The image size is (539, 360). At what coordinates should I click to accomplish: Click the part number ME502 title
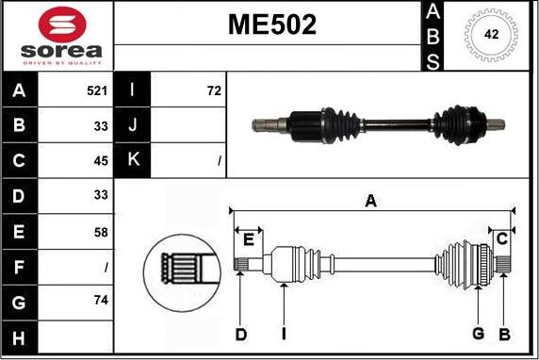[x=271, y=25]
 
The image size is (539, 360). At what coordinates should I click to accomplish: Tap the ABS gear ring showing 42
[x=491, y=35]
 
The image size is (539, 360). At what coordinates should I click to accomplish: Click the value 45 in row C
[x=101, y=161]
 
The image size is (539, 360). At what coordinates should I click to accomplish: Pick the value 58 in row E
[x=101, y=231]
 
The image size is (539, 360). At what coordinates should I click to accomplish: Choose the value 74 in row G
[x=101, y=300]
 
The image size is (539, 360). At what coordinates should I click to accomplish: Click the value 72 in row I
[x=213, y=91]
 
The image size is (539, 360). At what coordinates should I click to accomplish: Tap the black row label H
[x=20, y=335]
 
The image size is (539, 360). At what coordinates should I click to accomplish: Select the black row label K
[x=132, y=161]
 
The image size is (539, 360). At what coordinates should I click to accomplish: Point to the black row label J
[x=132, y=126]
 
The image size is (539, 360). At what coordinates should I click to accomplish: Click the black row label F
[x=20, y=266]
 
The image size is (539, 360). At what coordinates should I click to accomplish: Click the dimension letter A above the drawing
[x=371, y=200]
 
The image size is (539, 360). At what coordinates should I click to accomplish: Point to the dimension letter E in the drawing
[x=248, y=239]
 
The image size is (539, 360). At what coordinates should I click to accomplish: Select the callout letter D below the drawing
[x=240, y=334]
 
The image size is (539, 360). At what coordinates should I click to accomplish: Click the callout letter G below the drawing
[x=478, y=334]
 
